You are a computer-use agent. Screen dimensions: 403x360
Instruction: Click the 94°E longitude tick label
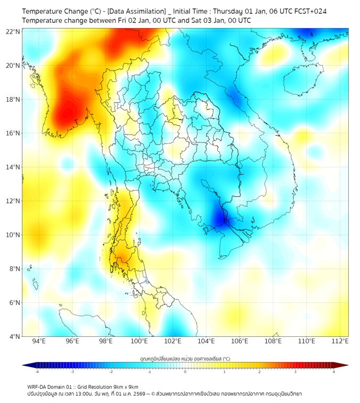pyautogui.click(x=39, y=341)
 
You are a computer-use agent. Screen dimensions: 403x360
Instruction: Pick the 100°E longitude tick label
pyautogui.click(x=139, y=341)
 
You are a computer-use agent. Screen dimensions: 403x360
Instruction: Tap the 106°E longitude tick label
pyautogui.click(x=240, y=341)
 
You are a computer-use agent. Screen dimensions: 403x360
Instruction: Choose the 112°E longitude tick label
pyautogui.click(x=340, y=341)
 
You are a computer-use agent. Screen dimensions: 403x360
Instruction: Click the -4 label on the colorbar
pyautogui.click(x=36, y=372)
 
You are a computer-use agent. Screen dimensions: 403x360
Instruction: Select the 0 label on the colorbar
pyautogui.click(x=185, y=372)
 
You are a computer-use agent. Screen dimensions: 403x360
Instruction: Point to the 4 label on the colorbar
pyautogui.click(x=334, y=372)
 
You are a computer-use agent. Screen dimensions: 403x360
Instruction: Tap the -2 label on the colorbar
pyautogui.click(x=111, y=372)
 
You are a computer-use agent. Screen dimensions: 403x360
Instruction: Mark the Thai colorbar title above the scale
pyautogui.click(x=185, y=359)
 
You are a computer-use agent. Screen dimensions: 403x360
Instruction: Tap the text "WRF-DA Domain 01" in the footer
pyautogui.click(x=49, y=386)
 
